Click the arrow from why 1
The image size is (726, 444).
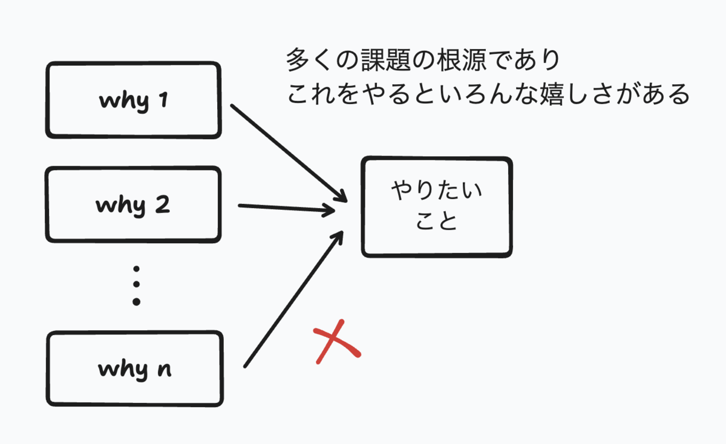pos(289,153)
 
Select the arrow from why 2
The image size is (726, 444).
pos(287,208)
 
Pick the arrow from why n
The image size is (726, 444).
pos(293,299)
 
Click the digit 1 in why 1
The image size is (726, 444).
pos(164,100)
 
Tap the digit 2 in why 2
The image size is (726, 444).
pos(163,205)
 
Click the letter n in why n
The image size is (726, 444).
pos(165,370)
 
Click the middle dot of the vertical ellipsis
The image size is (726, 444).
pos(137,284)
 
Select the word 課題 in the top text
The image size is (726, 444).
pos(386,60)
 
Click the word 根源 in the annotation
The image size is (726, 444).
pos(462,60)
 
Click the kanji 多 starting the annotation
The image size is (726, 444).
pos(298,60)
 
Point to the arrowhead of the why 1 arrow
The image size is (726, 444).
pos(342,197)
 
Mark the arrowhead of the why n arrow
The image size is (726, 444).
pos(338,237)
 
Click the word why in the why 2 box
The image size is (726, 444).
pos(120,206)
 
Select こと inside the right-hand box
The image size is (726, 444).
pos(436,221)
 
